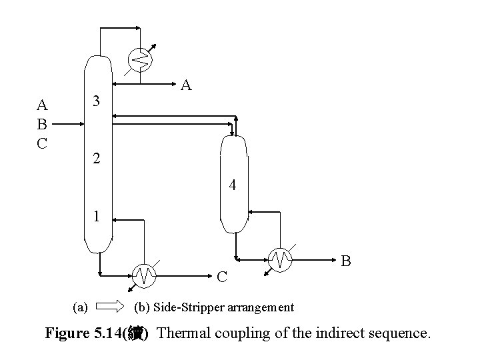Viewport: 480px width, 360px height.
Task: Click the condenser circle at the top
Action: coord(141,60)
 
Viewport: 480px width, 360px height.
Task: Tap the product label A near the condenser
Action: coord(186,85)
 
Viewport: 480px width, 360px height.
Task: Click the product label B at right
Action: coord(347,260)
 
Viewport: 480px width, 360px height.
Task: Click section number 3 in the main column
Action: coord(97,101)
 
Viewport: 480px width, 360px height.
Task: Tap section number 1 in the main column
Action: coord(97,217)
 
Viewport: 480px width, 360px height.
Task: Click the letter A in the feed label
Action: coord(42,105)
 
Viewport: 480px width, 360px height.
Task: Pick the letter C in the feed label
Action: coord(42,142)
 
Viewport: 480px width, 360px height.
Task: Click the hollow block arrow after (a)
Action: coord(111,307)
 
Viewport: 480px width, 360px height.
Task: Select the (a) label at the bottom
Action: coord(80,307)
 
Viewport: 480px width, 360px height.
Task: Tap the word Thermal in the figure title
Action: coord(183,333)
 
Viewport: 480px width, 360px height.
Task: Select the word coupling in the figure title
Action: coord(238,333)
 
